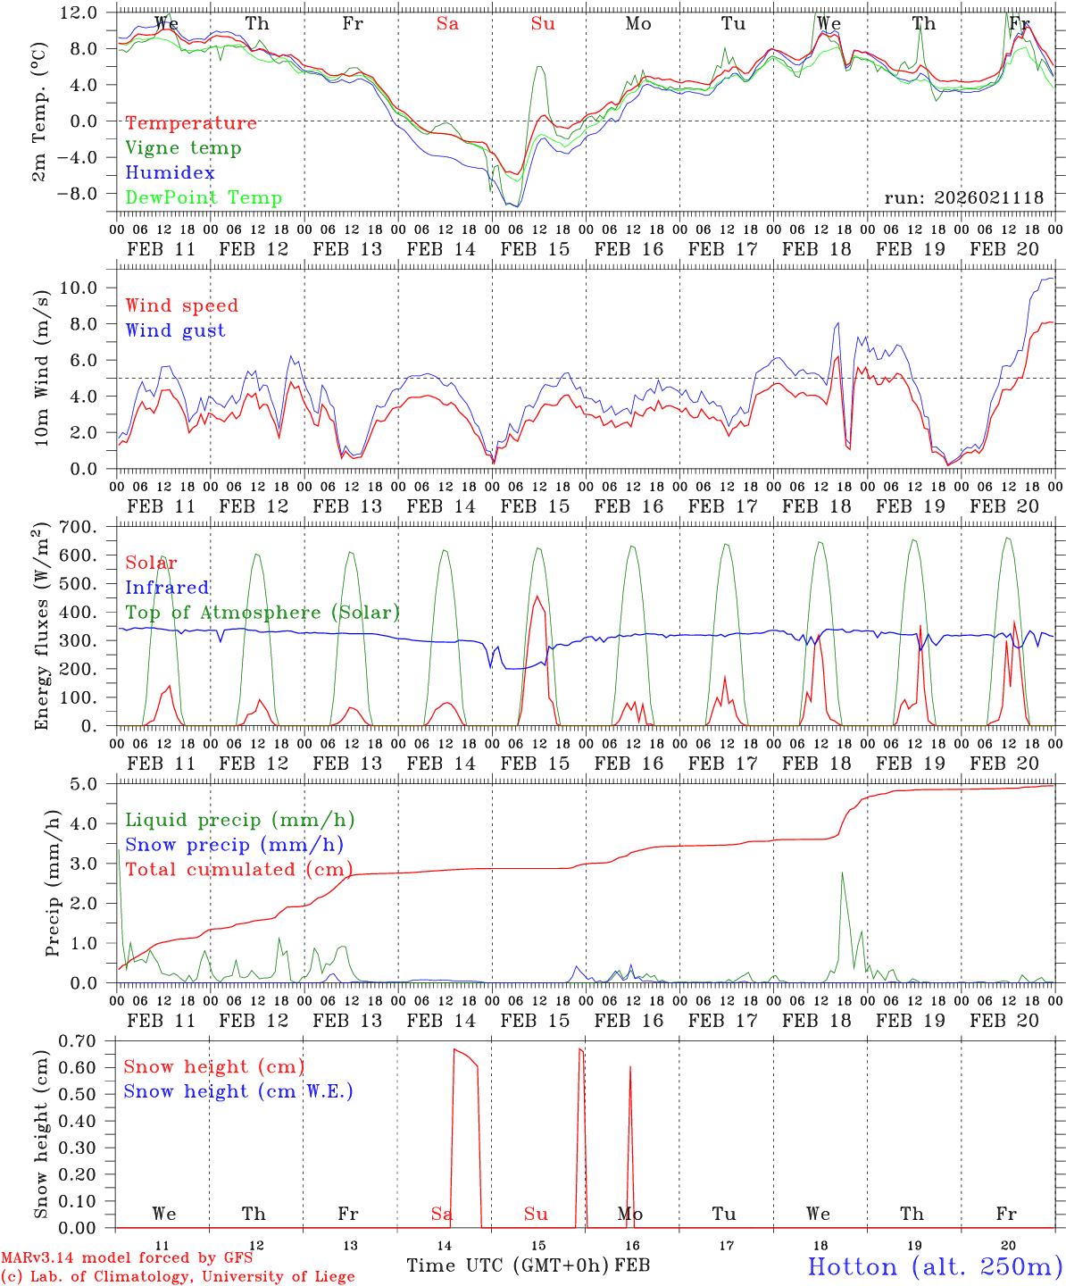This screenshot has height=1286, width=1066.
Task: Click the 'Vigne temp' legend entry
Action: pyautogui.click(x=183, y=148)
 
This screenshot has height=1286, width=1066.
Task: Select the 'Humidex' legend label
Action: pyautogui.click(x=170, y=173)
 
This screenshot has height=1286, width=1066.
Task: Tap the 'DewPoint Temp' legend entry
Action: pyautogui.click(x=204, y=198)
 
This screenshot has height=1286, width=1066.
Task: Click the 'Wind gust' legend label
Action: pyautogui.click(x=175, y=330)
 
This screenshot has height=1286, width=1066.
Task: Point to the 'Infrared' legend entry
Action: pyautogui.click(x=167, y=588)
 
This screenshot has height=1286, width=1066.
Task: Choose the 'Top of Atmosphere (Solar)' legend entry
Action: pyautogui.click(x=262, y=613)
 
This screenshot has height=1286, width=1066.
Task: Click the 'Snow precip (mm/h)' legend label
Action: pyautogui.click(x=234, y=845)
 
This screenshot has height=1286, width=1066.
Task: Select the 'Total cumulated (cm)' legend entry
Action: pyautogui.click(x=238, y=870)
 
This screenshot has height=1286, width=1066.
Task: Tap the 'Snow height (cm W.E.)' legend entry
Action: pyautogui.click(x=238, y=1091)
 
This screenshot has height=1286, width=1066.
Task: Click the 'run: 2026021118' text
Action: pyautogui.click(x=963, y=198)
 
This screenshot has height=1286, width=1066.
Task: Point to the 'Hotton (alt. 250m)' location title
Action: pyautogui.click(x=935, y=1266)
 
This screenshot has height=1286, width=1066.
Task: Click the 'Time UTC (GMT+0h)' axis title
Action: pyautogui.click(x=507, y=1265)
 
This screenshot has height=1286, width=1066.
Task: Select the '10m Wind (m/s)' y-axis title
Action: pyautogui.click(x=41, y=366)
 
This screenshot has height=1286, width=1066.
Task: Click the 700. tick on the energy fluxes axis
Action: pyautogui.click(x=88, y=527)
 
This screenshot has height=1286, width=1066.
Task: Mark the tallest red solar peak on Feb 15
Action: pyautogui.click(x=537, y=597)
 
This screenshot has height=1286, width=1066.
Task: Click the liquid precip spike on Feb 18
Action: pyautogui.click(x=842, y=873)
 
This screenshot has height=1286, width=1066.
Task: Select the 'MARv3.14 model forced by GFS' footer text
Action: pyautogui.click(x=126, y=1258)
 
